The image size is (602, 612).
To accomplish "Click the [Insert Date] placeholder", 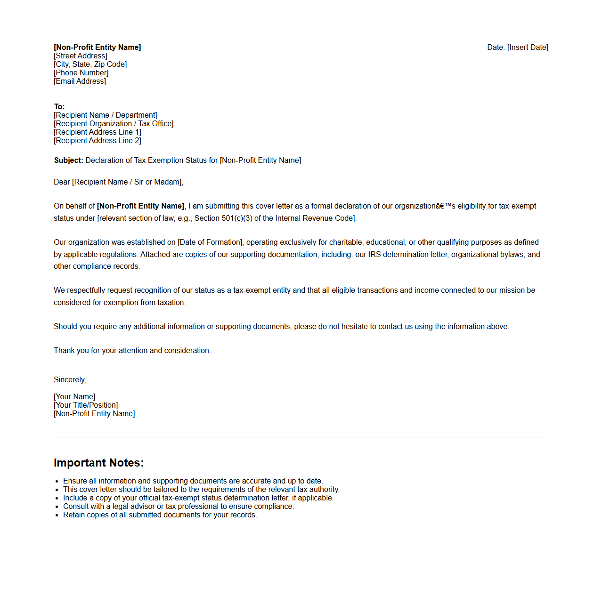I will [528, 48].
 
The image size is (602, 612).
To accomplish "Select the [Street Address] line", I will [81, 56].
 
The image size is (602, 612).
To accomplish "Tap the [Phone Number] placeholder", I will [81, 73].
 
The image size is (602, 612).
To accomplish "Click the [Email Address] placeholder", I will [80, 81].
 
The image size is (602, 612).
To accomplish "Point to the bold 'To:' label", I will [59, 107].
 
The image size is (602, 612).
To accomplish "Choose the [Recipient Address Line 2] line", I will [98, 141].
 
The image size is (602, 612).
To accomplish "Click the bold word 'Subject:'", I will [68, 161].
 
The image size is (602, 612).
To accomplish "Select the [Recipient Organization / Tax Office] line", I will [114, 124].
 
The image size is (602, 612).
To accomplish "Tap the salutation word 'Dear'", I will [62, 182].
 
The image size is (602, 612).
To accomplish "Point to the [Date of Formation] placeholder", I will [210, 242].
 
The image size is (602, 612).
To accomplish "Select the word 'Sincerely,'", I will [70, 380].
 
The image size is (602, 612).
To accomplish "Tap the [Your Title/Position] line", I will [86, 405].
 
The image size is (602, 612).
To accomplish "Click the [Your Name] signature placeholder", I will [74, 397].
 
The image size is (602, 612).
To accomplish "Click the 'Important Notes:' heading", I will [98, 463].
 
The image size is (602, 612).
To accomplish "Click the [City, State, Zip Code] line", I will [90, 64].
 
